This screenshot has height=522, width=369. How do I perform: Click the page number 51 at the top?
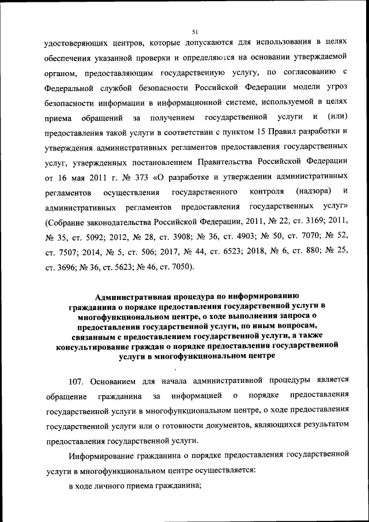point(195,32)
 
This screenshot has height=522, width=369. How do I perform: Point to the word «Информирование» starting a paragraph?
point(99,456)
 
